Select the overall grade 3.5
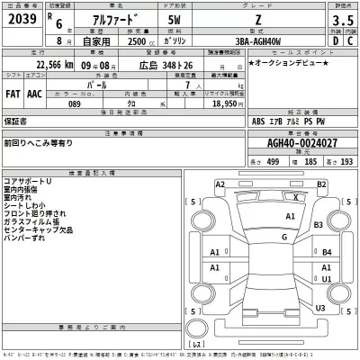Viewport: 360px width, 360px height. click(x=344, y=19)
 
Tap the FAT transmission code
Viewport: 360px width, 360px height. click(x=13, y=92)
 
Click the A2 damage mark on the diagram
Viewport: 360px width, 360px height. click(x=220, y=184)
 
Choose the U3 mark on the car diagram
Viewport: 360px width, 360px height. click(x=320, y=308)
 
